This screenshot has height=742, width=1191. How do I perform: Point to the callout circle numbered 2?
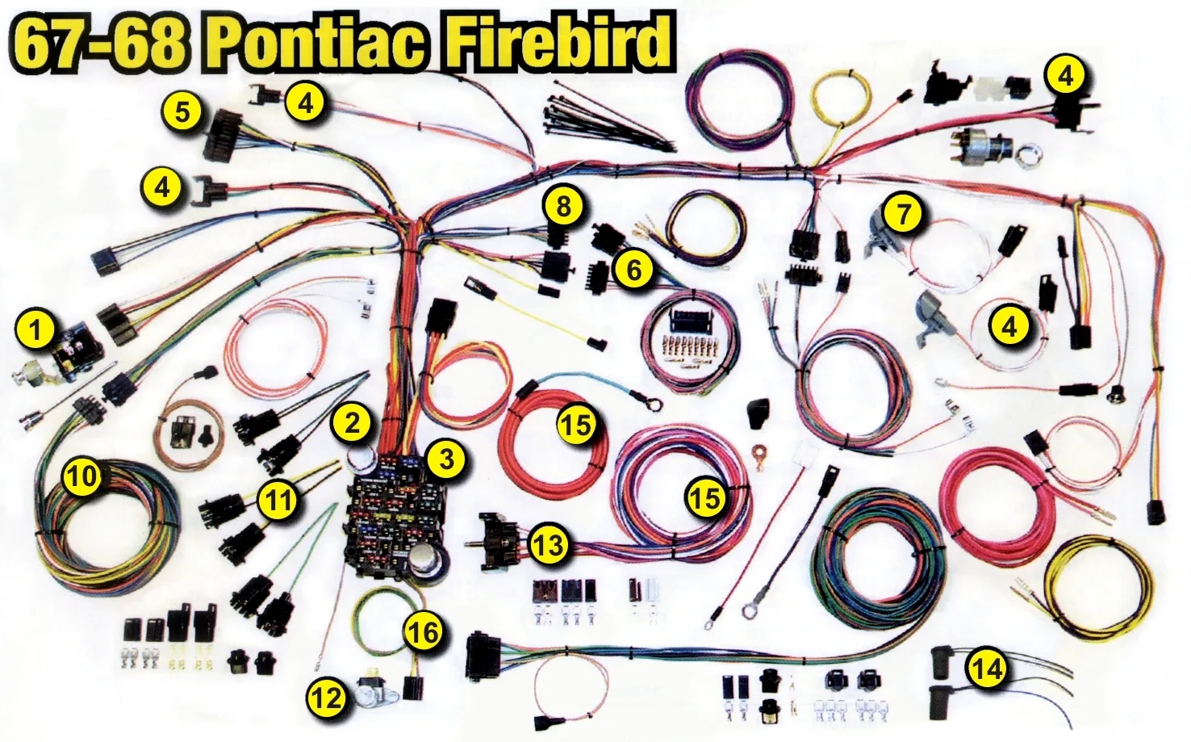[352, 423]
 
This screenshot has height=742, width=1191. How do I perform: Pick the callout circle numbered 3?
[447, 459]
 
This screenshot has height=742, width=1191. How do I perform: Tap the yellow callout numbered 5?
[182, 113]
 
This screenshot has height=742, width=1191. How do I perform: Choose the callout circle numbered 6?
[633, 270]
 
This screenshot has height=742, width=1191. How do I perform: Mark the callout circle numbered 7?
[902, 213]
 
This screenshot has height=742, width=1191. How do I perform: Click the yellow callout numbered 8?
[563, 206]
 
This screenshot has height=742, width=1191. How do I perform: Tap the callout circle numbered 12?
[327, 698]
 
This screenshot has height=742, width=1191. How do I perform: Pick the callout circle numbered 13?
[550, 545]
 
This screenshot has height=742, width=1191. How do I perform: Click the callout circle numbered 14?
[989, 669]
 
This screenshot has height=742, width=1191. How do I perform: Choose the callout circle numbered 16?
[424, 632]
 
